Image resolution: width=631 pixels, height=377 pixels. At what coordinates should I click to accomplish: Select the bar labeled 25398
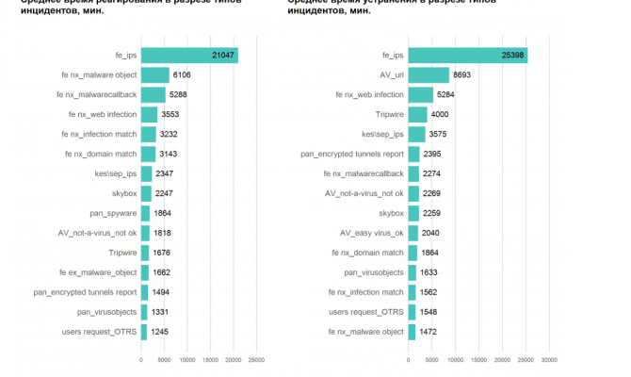[x=467, y=56]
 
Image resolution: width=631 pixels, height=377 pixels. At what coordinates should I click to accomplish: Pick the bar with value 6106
[x=155, y=75]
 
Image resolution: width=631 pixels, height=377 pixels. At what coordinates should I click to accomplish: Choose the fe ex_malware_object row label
[x=98, y=272]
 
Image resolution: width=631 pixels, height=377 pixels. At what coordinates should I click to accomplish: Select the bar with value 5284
[x=420, y=95]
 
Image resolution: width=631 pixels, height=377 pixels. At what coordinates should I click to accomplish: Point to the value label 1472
[x=429, y=331]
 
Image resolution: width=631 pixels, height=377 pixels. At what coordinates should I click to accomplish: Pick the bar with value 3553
[x=150, y=115]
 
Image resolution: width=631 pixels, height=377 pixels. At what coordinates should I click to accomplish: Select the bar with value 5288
[x=154, y=95]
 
